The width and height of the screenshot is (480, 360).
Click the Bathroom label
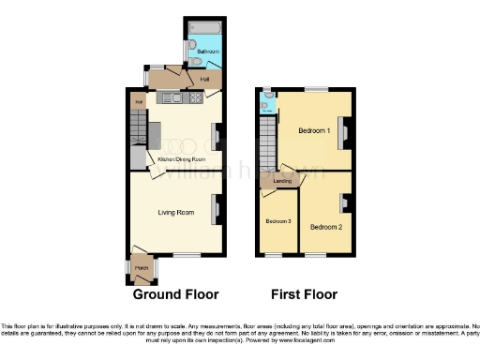click(207, 51)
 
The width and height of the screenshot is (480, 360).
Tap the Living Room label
click(176, 213)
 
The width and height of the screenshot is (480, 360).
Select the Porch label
click(142, 268)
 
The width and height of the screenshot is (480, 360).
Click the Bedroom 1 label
click(314, 130)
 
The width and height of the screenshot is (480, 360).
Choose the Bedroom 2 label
click(325, 227)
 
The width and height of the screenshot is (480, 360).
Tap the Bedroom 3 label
click(277, 221)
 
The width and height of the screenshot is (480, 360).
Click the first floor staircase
click(266, 136)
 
